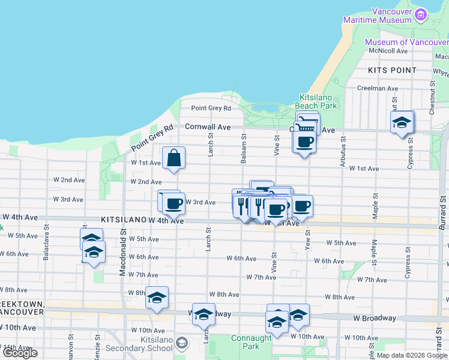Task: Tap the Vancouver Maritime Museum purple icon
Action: pyautogui.click(x=421, y=14)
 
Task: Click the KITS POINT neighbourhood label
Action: pyautogui.click(x=393, y=70)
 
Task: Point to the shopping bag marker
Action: pyautogui.click(x=173, y=159)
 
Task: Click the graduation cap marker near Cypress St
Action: pyautogui.click(x=402, y=124)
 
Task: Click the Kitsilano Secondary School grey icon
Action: pyautogui.click(x=182, y=344)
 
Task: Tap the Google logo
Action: pyautogui.click(x=20, y=353)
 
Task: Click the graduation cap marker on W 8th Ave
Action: pyautogui.click(x=157, y=298)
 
